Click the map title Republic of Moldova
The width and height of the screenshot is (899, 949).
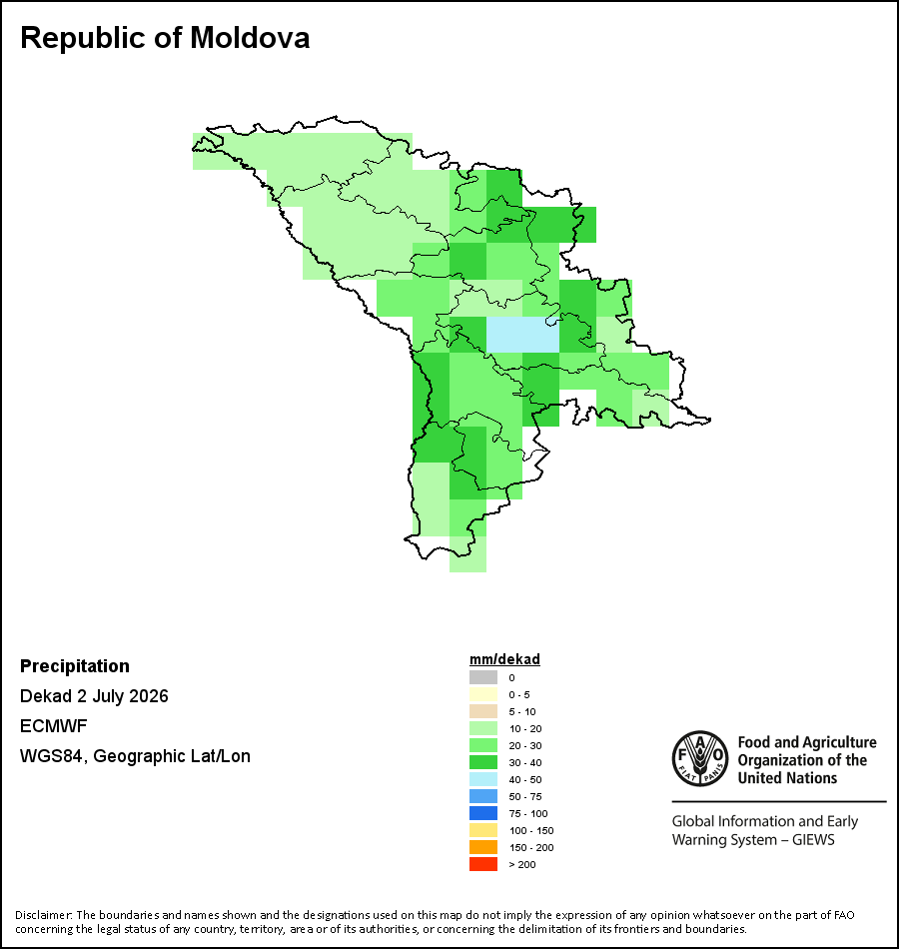165,38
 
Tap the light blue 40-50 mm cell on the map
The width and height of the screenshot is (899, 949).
523,335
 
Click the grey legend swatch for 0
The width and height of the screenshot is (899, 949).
483,677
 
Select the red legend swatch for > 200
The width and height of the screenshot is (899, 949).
483,864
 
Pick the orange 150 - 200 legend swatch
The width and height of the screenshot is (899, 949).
483,847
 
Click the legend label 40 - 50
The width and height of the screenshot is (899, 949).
524,779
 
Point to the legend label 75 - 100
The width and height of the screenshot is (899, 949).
527,813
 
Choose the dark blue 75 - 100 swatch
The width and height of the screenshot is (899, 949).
483,813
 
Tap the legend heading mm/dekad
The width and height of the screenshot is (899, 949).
504,659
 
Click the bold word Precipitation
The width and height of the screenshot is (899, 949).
75,666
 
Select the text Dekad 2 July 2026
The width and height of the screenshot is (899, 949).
94,696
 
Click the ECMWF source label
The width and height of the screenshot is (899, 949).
53,725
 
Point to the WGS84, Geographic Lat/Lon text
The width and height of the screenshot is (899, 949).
135,756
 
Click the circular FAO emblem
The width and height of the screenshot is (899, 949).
700,759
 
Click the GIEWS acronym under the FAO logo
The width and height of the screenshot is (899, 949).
813,840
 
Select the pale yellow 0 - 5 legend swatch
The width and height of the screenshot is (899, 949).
483,694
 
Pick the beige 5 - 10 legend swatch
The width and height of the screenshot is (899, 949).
483,711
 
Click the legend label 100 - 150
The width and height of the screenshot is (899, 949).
531,830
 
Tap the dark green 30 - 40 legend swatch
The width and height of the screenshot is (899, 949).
483,762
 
